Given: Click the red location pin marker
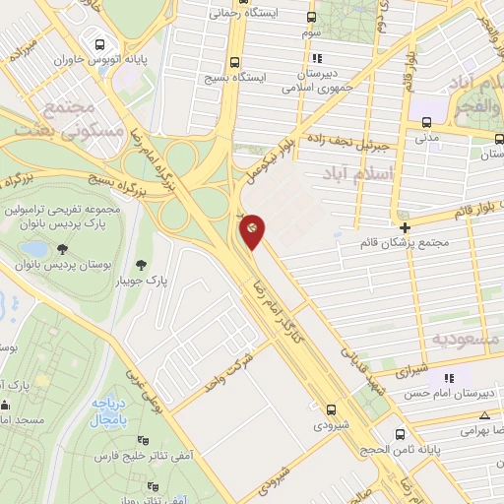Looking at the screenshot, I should coord(252,229).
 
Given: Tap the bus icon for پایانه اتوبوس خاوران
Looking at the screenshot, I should coord(99,43).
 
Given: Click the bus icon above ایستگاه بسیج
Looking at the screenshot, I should coord(234,61).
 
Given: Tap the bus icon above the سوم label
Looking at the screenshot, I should coord(312,18).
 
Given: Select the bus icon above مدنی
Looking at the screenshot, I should coord(426,123).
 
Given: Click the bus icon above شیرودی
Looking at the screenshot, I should coord(331,409).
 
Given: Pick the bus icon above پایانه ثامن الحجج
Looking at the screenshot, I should coord(397,433).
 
